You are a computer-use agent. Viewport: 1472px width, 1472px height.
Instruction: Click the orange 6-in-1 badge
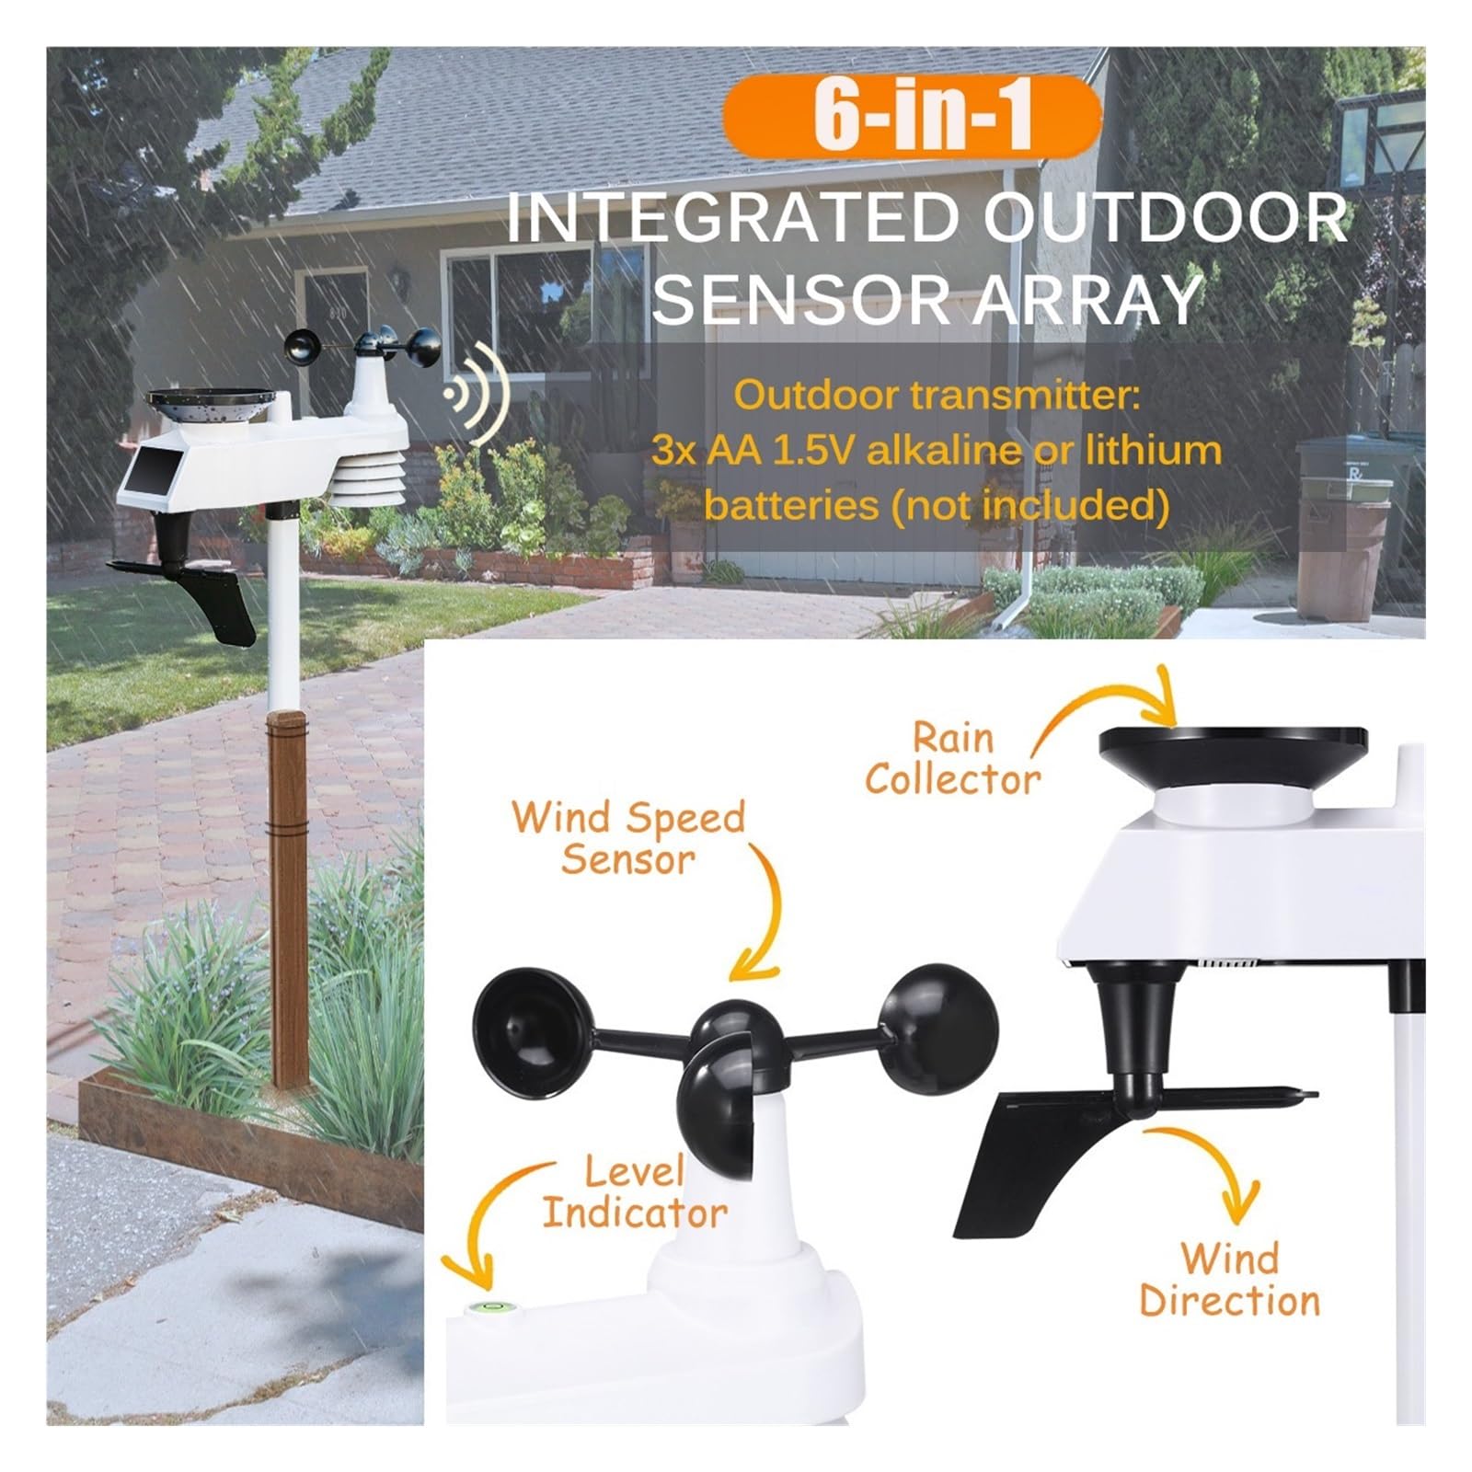tap(912, 116)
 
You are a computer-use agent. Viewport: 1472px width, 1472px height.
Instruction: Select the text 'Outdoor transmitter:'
tap(937, 396)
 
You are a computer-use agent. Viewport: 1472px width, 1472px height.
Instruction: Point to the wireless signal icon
tap(477, 396)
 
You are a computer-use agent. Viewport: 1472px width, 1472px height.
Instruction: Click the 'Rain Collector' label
tap(953, 759)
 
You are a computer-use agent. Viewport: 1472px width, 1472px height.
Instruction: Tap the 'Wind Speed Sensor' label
tap(628, 837)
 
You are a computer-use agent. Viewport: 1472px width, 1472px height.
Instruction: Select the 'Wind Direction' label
tap(1230, 1280)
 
